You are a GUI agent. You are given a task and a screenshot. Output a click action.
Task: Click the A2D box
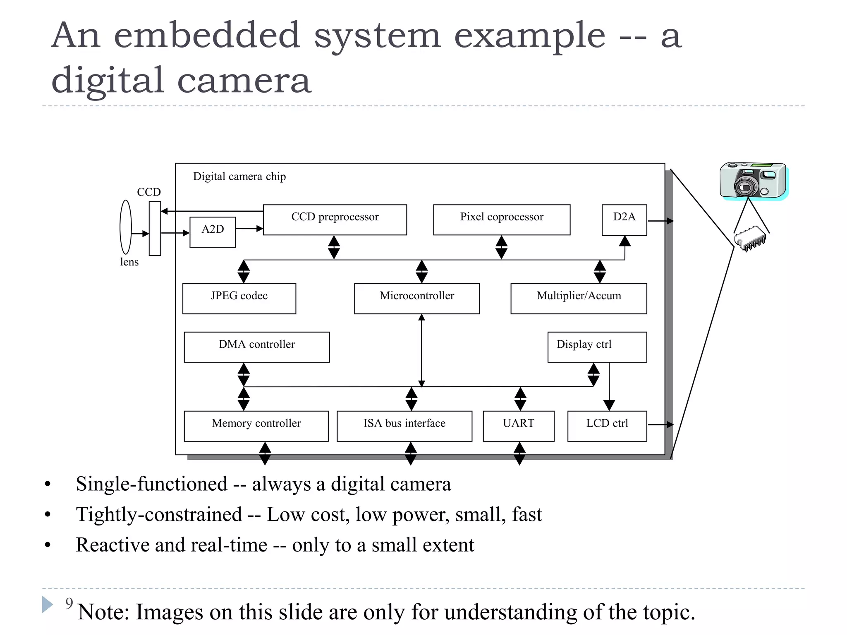[x=213, y=232]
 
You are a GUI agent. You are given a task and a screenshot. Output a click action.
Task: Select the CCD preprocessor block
[x=335, y=220]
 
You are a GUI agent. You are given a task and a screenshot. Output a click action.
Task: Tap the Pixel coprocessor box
[x=501, y=220]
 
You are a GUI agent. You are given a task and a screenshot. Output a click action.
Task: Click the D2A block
[x=624, y=220]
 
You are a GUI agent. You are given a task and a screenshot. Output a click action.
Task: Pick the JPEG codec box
[x=239, y=298]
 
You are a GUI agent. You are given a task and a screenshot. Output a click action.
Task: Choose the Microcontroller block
[x=416, y=298]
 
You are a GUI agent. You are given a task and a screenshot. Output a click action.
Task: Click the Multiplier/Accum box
[x=578, y=298]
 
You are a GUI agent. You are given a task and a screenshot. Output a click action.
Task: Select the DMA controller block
[x=256, y=347]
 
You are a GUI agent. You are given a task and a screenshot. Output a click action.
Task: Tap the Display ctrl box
[x=597, y=347]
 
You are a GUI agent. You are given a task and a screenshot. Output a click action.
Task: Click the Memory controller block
[x=256, y=426]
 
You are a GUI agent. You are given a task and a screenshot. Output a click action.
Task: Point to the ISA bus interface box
[x=404, y=426]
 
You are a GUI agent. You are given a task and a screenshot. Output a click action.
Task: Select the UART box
[x=518, y=426]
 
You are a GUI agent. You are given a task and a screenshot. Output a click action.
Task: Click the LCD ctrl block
[x=607, y=426]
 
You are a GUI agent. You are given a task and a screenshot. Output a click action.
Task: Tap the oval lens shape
[x=126, y=227]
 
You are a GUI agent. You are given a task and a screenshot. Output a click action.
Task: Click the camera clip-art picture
[x=753, y=181]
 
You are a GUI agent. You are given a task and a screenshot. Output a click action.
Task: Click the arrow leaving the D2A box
[x=660, y=221]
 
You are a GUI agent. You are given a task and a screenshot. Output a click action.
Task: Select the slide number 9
[x=69, y=604]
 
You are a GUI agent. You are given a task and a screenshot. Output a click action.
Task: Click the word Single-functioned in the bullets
[x=151, y=484]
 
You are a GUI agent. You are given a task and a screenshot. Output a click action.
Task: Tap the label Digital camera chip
[x=239, y=177]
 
